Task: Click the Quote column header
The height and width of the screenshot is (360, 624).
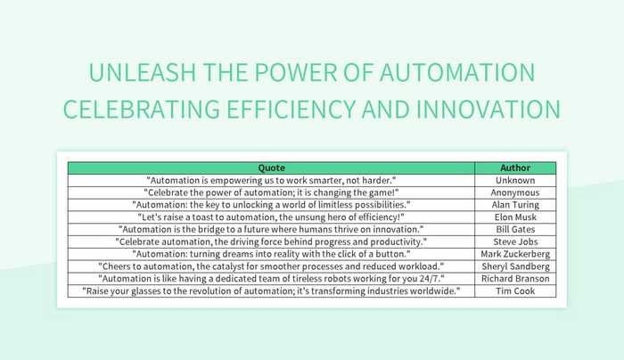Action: click(271, 168)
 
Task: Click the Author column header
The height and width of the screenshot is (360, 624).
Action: click(515, 168)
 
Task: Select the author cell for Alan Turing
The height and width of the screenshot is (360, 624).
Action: click(515, 204)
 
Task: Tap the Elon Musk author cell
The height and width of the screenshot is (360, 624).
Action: click(515, 217)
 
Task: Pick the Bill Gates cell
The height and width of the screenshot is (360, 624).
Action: click(515, 229)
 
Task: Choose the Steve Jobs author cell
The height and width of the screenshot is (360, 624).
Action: click(515, 241)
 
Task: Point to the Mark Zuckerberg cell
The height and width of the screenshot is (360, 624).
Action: click(515, 254)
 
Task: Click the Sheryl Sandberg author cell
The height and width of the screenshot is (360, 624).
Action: click(515, 266)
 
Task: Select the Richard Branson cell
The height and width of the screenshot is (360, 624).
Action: click(515, 279)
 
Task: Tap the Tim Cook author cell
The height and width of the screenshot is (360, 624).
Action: click(515, 291)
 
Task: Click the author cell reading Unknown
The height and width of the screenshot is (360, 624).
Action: click(515, 180)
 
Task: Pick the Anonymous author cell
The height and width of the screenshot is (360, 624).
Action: click(515, 192)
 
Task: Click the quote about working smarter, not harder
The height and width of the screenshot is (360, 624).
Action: click(271, 180)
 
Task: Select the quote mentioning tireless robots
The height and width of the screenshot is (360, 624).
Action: click(271, 279)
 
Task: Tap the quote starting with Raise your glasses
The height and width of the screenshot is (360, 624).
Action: click(271, 291)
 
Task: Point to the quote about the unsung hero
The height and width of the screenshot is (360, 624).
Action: click(271, 217)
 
